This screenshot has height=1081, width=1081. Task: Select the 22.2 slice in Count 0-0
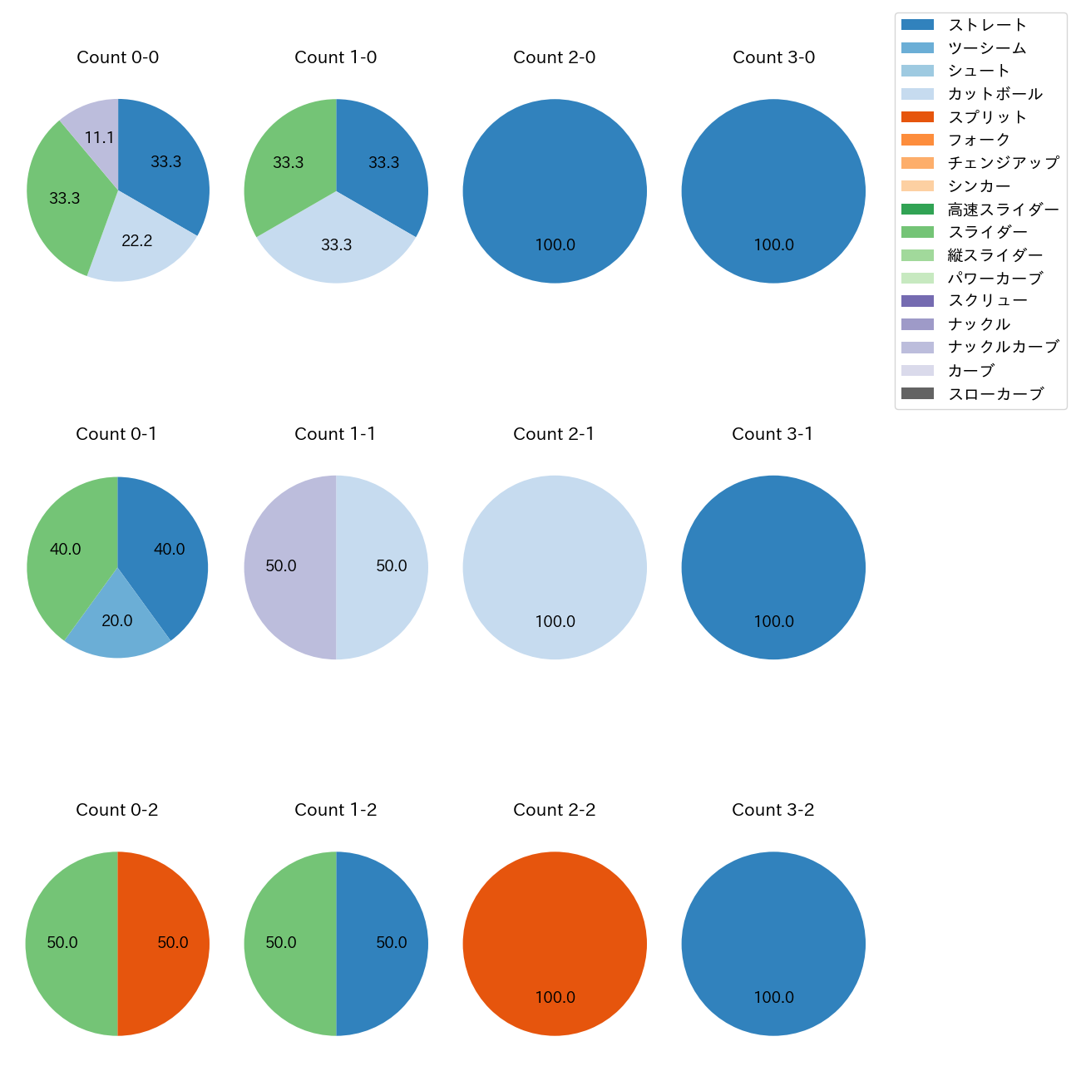point(139,237)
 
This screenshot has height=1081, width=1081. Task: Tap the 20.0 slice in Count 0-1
point(117,625)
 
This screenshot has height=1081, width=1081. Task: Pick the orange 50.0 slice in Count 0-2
point(166,943)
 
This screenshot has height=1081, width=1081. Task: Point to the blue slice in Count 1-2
point(387,943)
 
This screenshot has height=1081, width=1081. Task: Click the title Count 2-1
point(554,434)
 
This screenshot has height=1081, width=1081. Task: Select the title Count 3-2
point(772,810)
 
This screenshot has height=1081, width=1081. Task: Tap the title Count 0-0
point(117,57)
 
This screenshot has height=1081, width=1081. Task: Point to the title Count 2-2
point(554,810)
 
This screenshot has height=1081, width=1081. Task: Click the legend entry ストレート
point(987,25)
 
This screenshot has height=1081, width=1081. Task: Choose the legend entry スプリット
point(987,117)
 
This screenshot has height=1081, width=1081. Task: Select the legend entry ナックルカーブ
point(1003,347)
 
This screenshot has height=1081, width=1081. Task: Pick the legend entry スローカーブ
point(995,393)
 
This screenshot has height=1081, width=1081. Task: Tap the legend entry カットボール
point(995,94)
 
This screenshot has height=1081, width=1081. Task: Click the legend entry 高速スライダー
point(1003,210)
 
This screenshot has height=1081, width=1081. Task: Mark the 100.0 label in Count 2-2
point(555,997)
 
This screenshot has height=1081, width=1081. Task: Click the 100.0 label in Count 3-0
point(773,244)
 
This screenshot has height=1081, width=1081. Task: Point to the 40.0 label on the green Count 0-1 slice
point(65,549)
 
